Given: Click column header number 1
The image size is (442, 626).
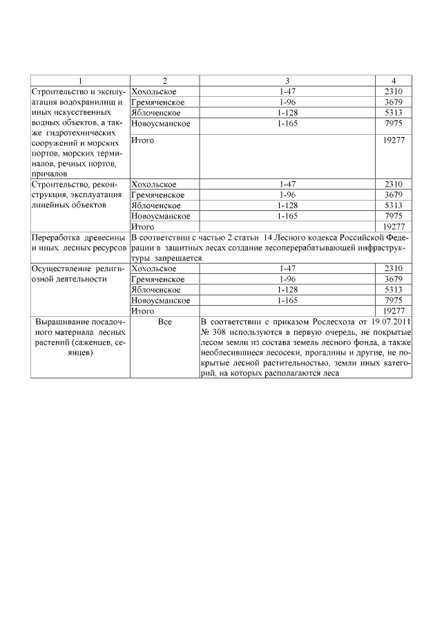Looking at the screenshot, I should point(80,81).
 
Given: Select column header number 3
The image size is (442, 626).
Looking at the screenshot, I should point(287,81).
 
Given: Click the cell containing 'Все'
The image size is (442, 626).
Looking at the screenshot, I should point(164,322).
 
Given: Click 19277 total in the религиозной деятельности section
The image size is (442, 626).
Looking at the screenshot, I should point(393,311).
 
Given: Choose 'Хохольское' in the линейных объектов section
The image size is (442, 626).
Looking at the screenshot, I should point(153,185).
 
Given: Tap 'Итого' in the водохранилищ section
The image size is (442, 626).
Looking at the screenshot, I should point(142,141).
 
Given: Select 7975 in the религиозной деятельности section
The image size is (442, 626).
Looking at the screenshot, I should point(393,301).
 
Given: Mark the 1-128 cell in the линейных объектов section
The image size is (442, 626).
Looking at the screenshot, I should point(287,205).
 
